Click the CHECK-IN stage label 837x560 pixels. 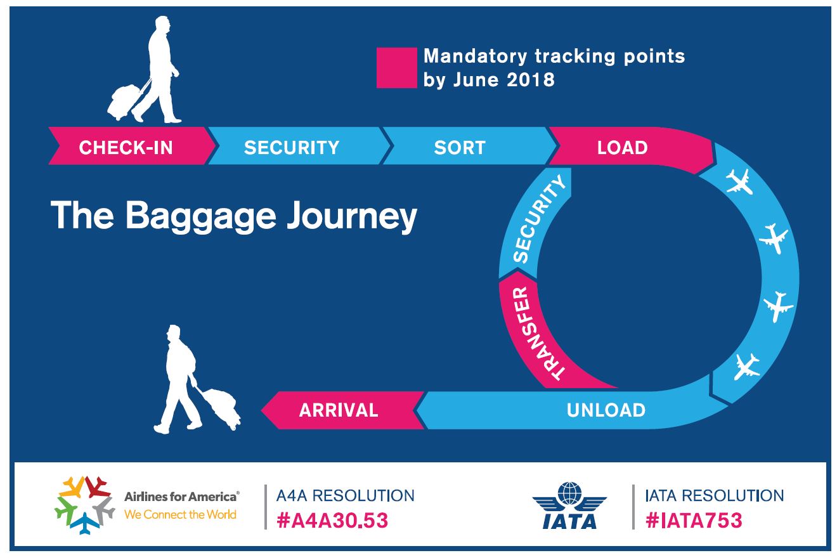[x=126, y=148]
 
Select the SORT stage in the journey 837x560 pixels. [x=460, y=148]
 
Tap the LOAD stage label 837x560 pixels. [x=622, y=148]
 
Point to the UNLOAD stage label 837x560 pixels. [x=606, y=410]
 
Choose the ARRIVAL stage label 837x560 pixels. [x=339, y=410]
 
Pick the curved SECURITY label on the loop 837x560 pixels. [x=538, y=219]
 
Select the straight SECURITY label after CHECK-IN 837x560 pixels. [x=292, y=148]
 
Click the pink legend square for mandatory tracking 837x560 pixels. [x=396, y=68]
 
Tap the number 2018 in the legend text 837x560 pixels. [x=530, y=80]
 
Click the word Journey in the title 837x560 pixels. [x=352, y=216]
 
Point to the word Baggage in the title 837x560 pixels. [x=200, y=216]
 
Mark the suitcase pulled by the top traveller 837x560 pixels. [x=123, y=101]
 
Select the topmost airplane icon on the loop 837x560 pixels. [x=739, y=182]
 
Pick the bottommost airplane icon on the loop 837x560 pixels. [x=746, y=367]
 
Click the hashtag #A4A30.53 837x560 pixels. [x=332, y=521]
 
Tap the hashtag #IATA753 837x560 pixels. [x=694, y=521]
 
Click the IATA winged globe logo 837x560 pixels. [x=569, y=505]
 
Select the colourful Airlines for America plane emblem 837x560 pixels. [x=84, y=505]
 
